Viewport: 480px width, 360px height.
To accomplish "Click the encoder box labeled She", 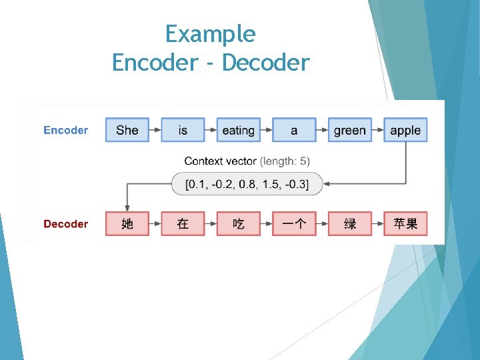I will coord(127,130).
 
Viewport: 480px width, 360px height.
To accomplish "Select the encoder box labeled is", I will coord(183,130).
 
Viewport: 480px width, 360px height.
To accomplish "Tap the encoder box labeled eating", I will coord(238,130).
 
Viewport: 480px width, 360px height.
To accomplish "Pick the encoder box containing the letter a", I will coord(294,130).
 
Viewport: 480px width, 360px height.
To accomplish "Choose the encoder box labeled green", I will coord(349,130).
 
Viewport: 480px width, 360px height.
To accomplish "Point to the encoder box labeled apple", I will coord(405,130).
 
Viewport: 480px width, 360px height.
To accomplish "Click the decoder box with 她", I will coord(127,224).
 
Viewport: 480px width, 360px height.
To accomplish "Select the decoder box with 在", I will coord(183,224).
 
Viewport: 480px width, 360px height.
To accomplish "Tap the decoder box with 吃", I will coord(238,224).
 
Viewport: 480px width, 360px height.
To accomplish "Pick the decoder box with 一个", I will coord(294,224).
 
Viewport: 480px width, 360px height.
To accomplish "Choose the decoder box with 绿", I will coord(349,224).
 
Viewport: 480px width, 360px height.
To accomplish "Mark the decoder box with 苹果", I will coord(405,224).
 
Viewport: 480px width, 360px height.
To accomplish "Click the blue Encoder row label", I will coord(66,130).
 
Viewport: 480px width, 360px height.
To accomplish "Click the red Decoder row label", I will coord(66,224).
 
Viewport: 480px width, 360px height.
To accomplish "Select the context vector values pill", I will coord(247,183).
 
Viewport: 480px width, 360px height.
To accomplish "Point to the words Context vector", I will coord(220,161).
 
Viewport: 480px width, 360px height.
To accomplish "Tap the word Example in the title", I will coord(210,33).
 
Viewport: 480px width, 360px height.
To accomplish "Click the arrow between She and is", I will coord(155,130).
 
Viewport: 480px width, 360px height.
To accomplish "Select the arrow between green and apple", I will coord(377,130).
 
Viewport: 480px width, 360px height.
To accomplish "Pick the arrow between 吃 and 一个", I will coord(266,224).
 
